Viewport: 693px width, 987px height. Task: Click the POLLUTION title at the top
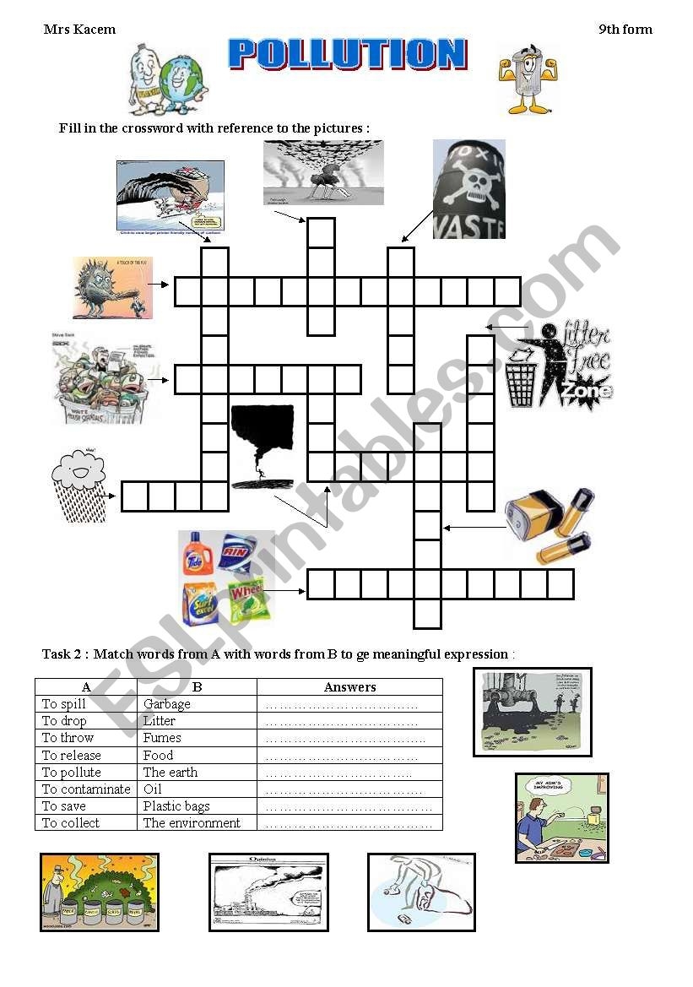coord(347,53)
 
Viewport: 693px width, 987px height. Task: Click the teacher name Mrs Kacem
coord(79,30)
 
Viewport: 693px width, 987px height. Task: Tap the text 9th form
coord(625,30)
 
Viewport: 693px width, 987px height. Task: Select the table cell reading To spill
coord(64,704)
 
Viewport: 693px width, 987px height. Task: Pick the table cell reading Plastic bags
coord(176,806)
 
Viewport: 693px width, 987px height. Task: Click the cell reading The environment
coord(192,823)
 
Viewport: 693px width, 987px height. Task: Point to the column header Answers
coord(349,687)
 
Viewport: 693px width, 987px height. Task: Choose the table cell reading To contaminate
coord(86,789)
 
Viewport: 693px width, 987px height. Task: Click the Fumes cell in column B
coord(162,738)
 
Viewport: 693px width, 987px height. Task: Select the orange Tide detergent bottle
coord(197,554)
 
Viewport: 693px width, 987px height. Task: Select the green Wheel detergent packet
coord(248,599)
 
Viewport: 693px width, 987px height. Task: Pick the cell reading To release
coord(72,756)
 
